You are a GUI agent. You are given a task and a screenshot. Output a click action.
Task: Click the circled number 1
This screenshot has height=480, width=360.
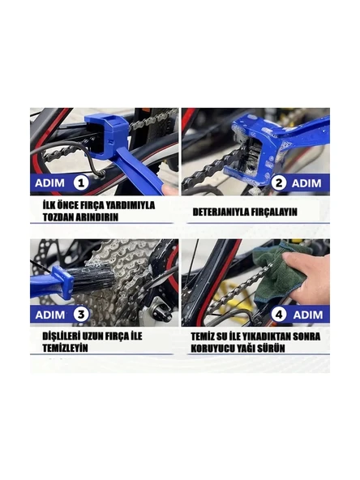point(82,184)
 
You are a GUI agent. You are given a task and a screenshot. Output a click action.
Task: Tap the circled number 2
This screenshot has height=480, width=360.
point(280,183)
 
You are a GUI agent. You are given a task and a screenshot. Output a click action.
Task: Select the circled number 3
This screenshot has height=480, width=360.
point(82,314)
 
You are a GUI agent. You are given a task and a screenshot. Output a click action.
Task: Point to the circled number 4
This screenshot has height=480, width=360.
point(280,314)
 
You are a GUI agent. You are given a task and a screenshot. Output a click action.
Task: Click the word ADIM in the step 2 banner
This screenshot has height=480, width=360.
point(309,183)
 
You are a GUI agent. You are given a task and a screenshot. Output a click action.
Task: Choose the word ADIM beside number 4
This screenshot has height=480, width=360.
point(309,314)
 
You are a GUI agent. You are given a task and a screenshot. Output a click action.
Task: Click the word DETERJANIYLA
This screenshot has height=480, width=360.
point(221,212)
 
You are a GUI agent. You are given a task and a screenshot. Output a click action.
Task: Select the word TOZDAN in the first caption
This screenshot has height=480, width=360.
point(59,217)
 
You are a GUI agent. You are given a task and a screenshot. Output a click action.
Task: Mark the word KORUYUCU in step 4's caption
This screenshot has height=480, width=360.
point(218,348)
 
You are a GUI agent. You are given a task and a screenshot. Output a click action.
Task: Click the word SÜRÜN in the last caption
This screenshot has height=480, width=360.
point(280,348)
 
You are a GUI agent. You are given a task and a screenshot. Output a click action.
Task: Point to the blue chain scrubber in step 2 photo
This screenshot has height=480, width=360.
point(252,151)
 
